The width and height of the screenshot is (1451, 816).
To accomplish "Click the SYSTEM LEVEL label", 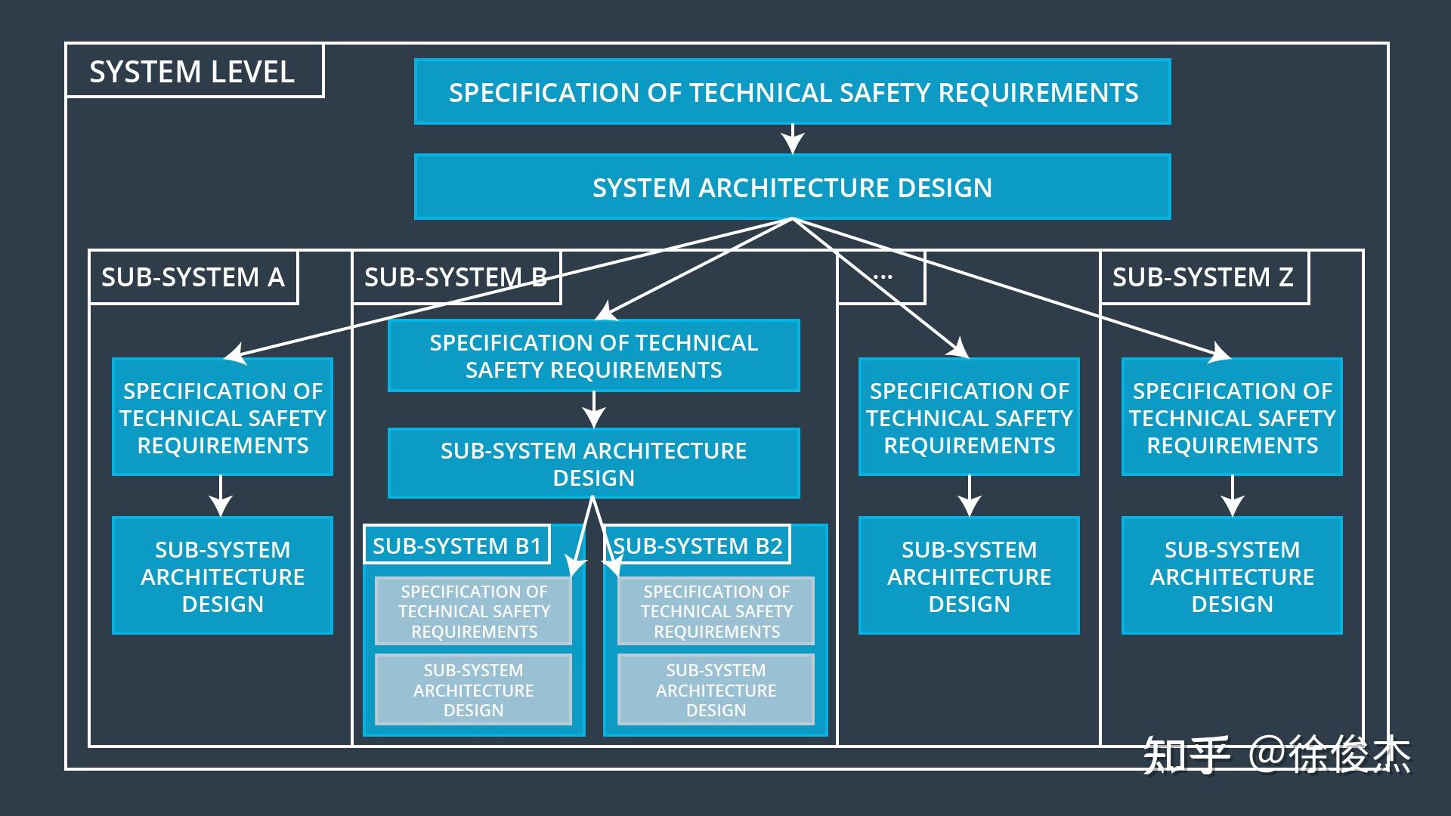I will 192,72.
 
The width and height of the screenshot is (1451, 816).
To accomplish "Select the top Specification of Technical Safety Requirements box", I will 792,92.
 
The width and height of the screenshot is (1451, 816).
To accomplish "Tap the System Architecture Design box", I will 792,187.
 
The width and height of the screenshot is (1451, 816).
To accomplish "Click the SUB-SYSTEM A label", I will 193,277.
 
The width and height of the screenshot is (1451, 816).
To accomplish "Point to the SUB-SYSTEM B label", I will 456,277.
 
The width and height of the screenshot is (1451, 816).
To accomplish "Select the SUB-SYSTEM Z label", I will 1202,277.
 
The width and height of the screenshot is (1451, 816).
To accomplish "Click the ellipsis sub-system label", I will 882,277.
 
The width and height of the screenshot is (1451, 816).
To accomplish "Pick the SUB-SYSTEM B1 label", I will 456,545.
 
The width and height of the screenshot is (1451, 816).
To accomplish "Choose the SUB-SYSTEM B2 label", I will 698,545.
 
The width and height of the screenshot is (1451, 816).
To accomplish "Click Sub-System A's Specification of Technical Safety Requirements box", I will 222,417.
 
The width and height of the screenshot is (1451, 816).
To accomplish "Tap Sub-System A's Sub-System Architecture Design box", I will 222,576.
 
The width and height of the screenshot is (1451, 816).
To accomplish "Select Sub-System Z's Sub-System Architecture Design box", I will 1232,576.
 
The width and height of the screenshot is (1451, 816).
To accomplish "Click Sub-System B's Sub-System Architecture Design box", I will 593,463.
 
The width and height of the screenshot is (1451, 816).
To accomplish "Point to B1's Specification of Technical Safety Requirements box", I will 474,611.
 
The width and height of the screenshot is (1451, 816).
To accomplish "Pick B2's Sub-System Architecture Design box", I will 716,690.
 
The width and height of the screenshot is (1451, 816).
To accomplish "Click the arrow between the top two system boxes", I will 792,139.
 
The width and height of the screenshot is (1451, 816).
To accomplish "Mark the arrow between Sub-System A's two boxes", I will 221,496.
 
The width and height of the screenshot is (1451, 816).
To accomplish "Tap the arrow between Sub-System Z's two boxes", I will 1232,496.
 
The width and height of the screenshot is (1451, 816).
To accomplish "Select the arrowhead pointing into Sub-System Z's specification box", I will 1219,352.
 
